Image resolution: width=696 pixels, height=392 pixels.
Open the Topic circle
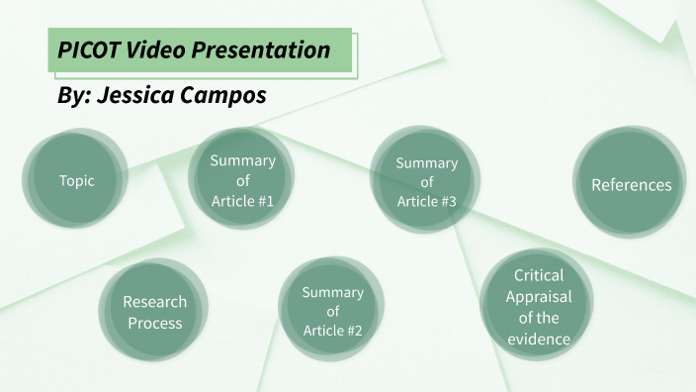coord(76,181)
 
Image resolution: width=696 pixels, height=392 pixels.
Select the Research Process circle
coord(154,312)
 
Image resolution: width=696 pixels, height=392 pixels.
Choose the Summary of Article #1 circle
coord(242,181)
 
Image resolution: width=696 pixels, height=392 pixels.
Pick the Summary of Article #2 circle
coord(333,312)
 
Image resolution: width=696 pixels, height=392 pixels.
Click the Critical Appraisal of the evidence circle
coord(539,307)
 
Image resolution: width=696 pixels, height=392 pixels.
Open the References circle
coord(631,185)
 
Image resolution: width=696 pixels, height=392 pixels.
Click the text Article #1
coord(242,202)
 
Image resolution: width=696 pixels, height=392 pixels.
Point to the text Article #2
coord(333,331)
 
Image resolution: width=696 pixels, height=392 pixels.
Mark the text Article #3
coord(426,202)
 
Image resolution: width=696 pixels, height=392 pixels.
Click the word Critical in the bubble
coord(539,276)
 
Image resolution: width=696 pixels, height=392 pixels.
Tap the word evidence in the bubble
coord(539,340)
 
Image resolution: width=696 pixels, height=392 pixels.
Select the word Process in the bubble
coord(154,323)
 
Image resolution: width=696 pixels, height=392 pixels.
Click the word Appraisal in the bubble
coord(539,297)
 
